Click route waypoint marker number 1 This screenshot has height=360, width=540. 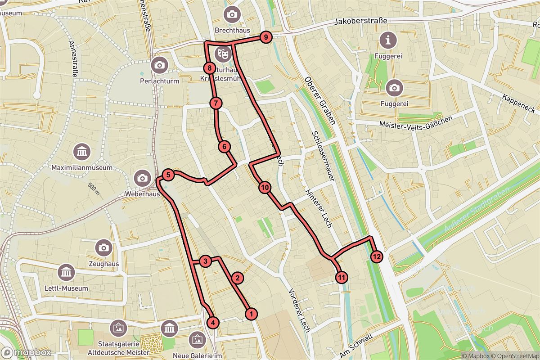(x=252, y=314)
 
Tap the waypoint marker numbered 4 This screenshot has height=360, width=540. (x=213, y=322)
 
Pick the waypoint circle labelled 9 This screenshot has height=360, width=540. (x=266, y=37)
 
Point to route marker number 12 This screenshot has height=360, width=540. (x=377, y=257)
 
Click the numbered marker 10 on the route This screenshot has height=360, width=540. (x=264, y=187)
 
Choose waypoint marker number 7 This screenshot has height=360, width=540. (x=216, y=103)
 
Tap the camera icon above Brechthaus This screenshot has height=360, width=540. (x=232, y=14)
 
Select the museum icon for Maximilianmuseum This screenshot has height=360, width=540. (x=81, y=152)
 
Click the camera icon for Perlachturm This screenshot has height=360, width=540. (x=159, y=65)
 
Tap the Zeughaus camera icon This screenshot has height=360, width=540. (x=103, y=247)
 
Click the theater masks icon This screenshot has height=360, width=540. (x=221, y=54)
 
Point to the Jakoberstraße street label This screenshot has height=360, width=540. (x=361, y=21)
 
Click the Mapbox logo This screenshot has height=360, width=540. (x=26, y=352)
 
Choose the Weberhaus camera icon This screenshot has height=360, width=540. (x=142, y=178)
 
